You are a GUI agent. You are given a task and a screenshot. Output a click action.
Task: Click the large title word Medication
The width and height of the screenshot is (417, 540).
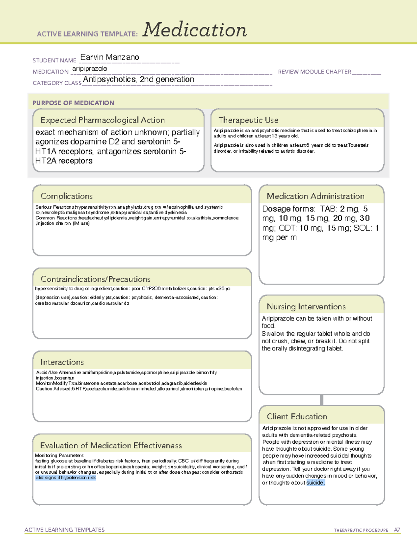coord(195,30)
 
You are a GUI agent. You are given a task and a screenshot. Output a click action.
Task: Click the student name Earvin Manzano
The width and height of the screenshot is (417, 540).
coord(109,57)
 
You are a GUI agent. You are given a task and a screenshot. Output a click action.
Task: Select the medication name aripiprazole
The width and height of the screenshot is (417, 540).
coord(90,68)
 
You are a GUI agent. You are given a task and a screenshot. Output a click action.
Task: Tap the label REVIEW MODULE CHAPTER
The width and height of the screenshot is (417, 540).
coord(314,72)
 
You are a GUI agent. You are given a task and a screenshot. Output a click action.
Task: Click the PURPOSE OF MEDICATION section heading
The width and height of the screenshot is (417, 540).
coord(73,103)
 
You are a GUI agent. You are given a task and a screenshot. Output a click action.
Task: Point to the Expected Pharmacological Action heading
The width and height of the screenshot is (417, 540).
coord(103,120)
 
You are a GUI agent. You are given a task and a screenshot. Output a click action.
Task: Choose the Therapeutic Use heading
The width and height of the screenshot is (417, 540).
coord(248,120)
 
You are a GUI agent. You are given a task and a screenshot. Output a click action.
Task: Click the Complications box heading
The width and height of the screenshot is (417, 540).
coord(66,196)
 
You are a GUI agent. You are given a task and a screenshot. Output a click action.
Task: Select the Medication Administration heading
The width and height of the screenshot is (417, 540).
coord(316,196)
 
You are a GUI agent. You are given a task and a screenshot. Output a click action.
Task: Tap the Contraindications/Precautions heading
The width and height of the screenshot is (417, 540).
coord(96,279)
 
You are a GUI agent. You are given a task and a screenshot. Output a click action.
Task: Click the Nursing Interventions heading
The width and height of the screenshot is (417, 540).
coord(306,307)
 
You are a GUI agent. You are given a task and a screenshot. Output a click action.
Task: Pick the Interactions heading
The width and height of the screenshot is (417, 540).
coord(62,362)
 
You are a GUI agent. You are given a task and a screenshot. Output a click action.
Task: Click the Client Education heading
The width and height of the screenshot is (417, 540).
coord(297,417)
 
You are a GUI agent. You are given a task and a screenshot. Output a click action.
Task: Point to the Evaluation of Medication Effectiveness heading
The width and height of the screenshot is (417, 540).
coord(111,445)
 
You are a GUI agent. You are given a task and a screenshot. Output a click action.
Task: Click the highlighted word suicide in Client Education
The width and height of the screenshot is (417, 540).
coord(315,483)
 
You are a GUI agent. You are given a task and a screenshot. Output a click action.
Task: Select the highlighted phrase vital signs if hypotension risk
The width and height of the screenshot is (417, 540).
coord(65,478)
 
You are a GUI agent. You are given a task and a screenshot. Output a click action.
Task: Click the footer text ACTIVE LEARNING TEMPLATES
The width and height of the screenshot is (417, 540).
coord(65,530)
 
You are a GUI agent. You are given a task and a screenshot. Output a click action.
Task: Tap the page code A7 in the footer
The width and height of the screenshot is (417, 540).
coord(397,530)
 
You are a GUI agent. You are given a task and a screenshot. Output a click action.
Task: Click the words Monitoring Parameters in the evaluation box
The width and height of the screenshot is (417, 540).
coord(59,456)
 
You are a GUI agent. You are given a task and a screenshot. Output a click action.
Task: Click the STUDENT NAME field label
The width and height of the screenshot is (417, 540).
coord(55,61)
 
